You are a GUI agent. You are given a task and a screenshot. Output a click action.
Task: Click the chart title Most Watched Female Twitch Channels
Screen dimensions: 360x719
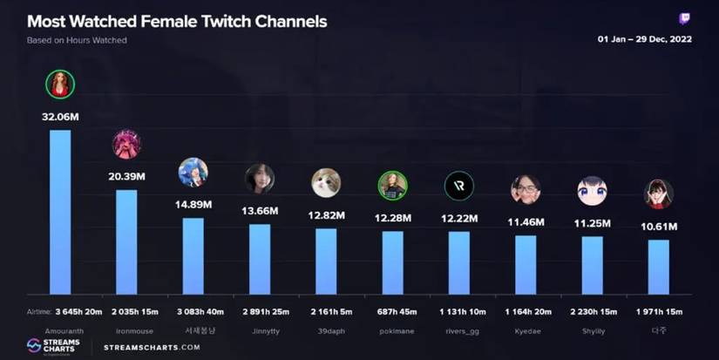pos(177,21)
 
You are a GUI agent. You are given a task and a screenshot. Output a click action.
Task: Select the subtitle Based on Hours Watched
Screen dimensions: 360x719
pos(76,41)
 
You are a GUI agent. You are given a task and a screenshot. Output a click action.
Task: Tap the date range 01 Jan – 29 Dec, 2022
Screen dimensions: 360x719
pos(644,40)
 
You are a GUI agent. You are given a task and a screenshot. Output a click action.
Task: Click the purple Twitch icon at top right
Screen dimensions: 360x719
pos(685,18)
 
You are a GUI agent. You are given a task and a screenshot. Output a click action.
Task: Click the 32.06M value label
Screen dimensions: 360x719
pos(60,116)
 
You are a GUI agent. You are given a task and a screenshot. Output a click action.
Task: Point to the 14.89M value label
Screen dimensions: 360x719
pos(193,204)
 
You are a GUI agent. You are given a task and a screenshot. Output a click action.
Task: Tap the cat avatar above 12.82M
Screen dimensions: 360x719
pos(326,182)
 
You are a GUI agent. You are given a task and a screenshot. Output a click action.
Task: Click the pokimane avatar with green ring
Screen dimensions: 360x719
pos(392,185)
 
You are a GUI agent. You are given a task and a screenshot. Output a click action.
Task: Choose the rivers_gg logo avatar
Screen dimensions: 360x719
pos(458,186)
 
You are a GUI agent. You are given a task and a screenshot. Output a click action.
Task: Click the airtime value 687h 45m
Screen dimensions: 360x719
pos(392,311)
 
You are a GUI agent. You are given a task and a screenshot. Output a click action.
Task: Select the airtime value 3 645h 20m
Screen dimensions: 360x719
pos(78,311)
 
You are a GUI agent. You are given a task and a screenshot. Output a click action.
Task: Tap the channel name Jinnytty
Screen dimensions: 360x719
pos(260,331)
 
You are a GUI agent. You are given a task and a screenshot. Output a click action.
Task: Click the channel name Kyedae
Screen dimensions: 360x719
pos(526,331)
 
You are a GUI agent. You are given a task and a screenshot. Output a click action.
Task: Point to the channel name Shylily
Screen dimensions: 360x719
pos(592,331)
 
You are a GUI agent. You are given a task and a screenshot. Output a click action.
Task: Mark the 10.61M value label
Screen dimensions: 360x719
pos(658,227)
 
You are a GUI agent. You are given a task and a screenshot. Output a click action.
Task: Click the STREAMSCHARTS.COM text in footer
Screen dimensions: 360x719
pos(152,347)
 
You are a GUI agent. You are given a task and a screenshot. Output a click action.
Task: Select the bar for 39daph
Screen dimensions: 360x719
pos(326,261)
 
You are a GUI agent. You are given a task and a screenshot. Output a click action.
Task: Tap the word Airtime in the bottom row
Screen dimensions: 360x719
pos(38,311)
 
